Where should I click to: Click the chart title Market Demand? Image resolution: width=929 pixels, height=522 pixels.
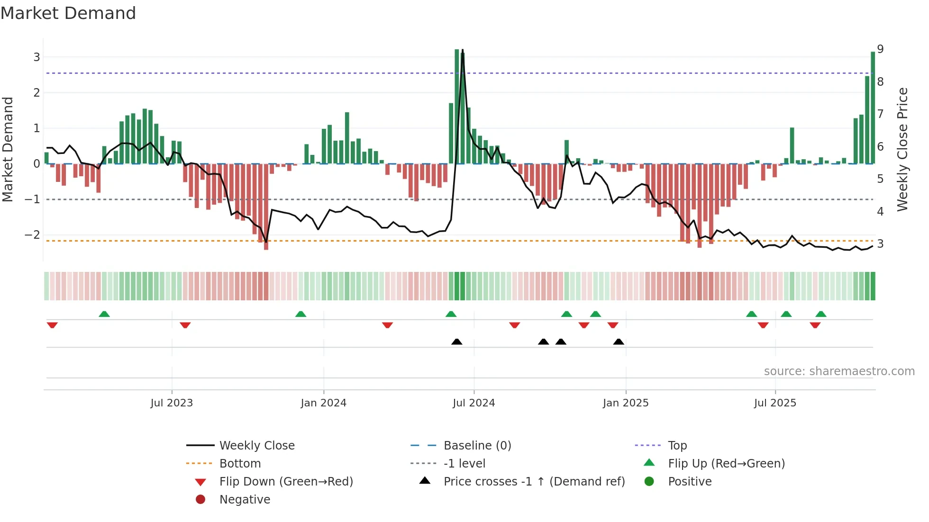pyautogui.click(x=68, y=13)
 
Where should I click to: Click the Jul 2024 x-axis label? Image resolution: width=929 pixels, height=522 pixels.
pyautogui.click(x=474, y=403)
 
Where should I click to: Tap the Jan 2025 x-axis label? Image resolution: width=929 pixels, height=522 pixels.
pyautogui.click(x=625, y=403)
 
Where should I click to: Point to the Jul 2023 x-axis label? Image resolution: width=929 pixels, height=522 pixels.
pyautogui.click(x=172, y=403)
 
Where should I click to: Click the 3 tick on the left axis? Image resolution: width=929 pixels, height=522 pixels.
pyautogui.click(x=36, y=57)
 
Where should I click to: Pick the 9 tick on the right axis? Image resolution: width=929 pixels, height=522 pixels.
pyautogui.click(x=880, y=49)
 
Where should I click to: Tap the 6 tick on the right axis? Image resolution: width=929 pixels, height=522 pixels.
pyautogui.click(x=880, y=147)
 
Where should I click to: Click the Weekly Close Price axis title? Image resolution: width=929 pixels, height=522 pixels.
pyautogui.click(x=902, y=149)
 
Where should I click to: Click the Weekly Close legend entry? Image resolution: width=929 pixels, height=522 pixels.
pyautogui.click(x=256, y=446)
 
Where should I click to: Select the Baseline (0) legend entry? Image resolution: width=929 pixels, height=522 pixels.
pyautogui.click(x=477, y=446)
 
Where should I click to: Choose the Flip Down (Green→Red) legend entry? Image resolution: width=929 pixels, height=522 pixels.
pyautogui.click(x=286, y=482)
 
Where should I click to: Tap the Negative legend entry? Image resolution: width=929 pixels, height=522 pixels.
pyautogui.click(x=245, y=500)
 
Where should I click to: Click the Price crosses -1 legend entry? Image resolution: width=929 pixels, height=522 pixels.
pyautogui.click(x=534, y=482)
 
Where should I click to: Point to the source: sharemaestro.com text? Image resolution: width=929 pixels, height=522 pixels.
pyautogui.click(x=839, y=371)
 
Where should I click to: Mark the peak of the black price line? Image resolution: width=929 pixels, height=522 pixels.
pyautogui.click(x=463, y=50)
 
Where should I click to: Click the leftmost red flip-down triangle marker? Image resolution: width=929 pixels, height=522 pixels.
pyautogui.click(x=52, y=325)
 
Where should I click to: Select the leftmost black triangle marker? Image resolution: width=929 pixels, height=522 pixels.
pyautogui.click(x=456, y=342)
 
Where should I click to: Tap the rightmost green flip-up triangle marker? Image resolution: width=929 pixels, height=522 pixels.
pyautogui.click(x=821, y=314)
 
